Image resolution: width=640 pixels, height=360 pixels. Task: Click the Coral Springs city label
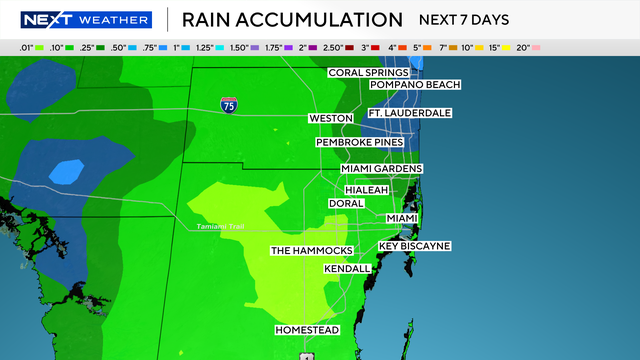pyautogui.click(x=368, y=72)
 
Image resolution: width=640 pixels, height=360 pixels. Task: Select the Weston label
pyautogui.click(x=331, y=118)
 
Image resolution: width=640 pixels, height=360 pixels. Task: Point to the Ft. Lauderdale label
pyautogui.click(x=409, y=113)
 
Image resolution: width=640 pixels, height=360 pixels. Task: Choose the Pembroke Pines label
pyautogui.click(x=359, y=143)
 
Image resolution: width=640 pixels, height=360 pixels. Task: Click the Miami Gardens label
pyautogui.click(x=381, y=168)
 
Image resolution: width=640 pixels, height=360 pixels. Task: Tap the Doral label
pyautogui.click(x=346, y=203)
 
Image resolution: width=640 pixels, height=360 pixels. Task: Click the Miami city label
pyautogui.click(x=402, y=218)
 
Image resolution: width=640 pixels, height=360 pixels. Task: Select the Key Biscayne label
pyautogui.click(x=414, y=246)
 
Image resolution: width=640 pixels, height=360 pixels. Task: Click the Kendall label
pyautogui.click(x=347, y=269)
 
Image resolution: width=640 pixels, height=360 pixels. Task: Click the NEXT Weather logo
pyautogui.click(x=79, y=20)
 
